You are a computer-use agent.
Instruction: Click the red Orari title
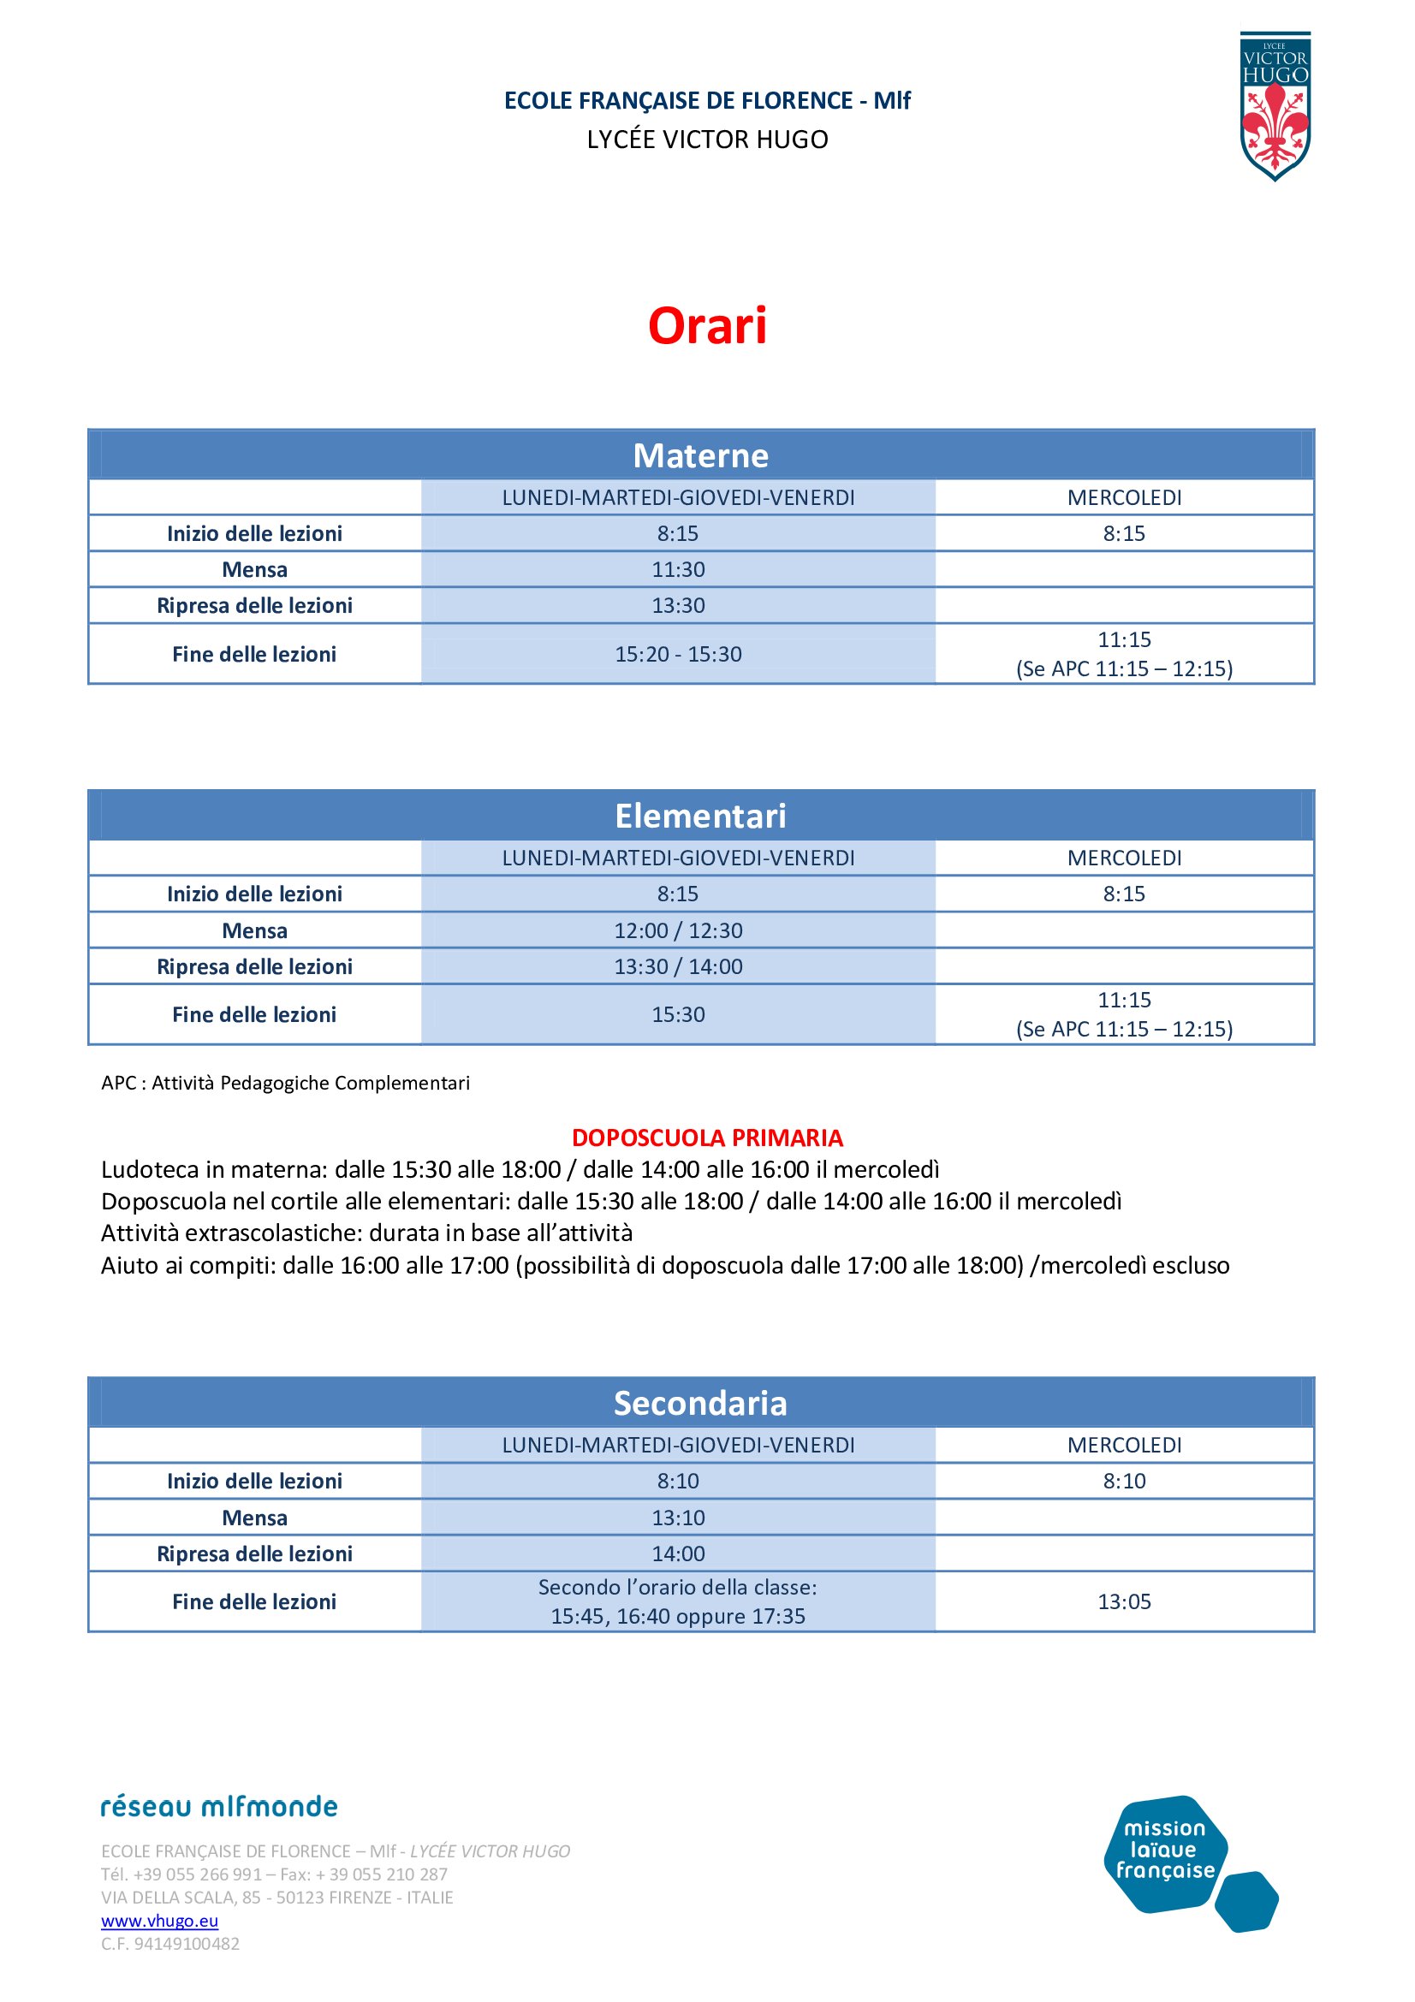pos(707,326)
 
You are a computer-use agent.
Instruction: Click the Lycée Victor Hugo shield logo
pos(1275,106)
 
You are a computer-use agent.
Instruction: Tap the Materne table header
pos(700,455)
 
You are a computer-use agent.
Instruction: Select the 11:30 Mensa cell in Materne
pos(678,569)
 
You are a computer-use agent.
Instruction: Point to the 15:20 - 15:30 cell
pos(678,654)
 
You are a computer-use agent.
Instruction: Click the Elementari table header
pos(700,817)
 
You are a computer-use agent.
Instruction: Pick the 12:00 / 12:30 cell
pos(678,930)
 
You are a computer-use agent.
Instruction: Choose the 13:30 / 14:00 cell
pos(678,966)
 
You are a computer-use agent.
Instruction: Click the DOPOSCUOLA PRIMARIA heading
pos(707,1138)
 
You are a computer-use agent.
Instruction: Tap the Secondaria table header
pos(700,1404)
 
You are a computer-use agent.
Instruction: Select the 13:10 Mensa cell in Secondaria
pos(678,1518)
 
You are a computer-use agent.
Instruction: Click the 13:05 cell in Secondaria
pos(1124,1601)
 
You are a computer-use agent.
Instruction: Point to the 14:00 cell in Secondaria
pos(678,1553)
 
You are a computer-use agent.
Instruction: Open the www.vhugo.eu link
pos(159,1920)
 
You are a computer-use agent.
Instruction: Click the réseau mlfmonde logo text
pos(219,1806)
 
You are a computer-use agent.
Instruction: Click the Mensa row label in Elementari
pos(254,930)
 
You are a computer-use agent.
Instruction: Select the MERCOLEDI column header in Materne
pos(1124,498)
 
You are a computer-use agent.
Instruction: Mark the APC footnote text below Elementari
pos(285,1083)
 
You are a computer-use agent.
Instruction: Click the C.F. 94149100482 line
pos(170,1944)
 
